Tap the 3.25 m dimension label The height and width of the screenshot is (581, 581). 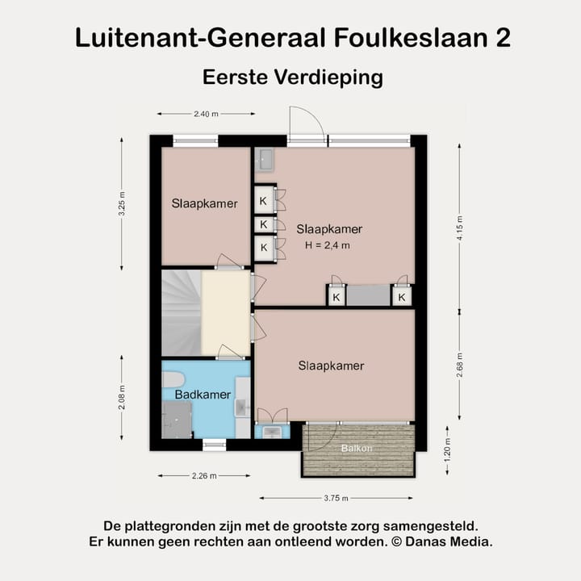[x=122, y=204]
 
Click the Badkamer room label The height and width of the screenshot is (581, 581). [x=203, y=395]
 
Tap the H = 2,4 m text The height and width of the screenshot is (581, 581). [x=328, y=245]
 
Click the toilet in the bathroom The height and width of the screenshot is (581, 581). [x=173, y=379]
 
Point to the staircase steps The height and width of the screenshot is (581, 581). [x=180, y=312]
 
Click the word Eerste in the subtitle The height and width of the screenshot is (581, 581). [x=235, y=77]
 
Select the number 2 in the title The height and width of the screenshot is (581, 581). [x=501, y=38]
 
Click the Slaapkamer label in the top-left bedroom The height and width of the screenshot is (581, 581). [x=204, y=203]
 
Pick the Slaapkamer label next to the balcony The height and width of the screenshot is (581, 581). [x=331, y=366]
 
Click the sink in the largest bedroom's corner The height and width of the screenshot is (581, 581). [x=265, y=160]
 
